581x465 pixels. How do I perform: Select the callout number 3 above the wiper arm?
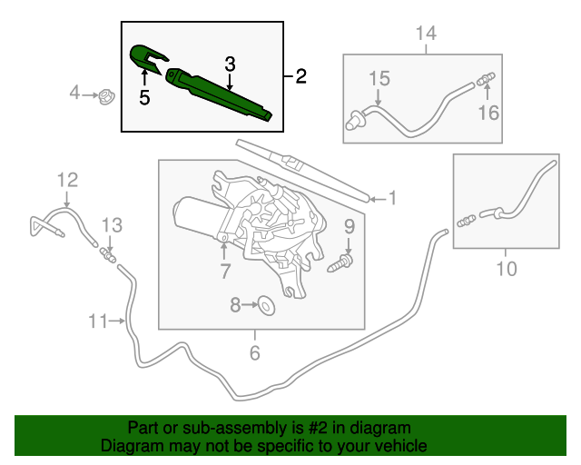tap(231, 64)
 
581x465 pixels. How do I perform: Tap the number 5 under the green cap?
tap(144, 98)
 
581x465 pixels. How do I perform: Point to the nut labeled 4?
tap(106, 93)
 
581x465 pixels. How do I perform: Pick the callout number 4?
tap(76, 93)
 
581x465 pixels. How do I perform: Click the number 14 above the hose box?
tap(426, 35)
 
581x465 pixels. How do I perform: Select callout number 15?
tap(379, 79)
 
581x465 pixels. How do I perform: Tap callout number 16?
tap(489, 112)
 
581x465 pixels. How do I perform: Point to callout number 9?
tap(349, 225)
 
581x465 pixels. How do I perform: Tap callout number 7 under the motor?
tap(223, 270)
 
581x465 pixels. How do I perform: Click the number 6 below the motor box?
tap(255, 352)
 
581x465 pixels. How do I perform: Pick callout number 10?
tap(506, 269)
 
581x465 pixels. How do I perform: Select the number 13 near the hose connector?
tap(111, 224)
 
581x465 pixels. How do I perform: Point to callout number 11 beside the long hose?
tap(97, 320)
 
